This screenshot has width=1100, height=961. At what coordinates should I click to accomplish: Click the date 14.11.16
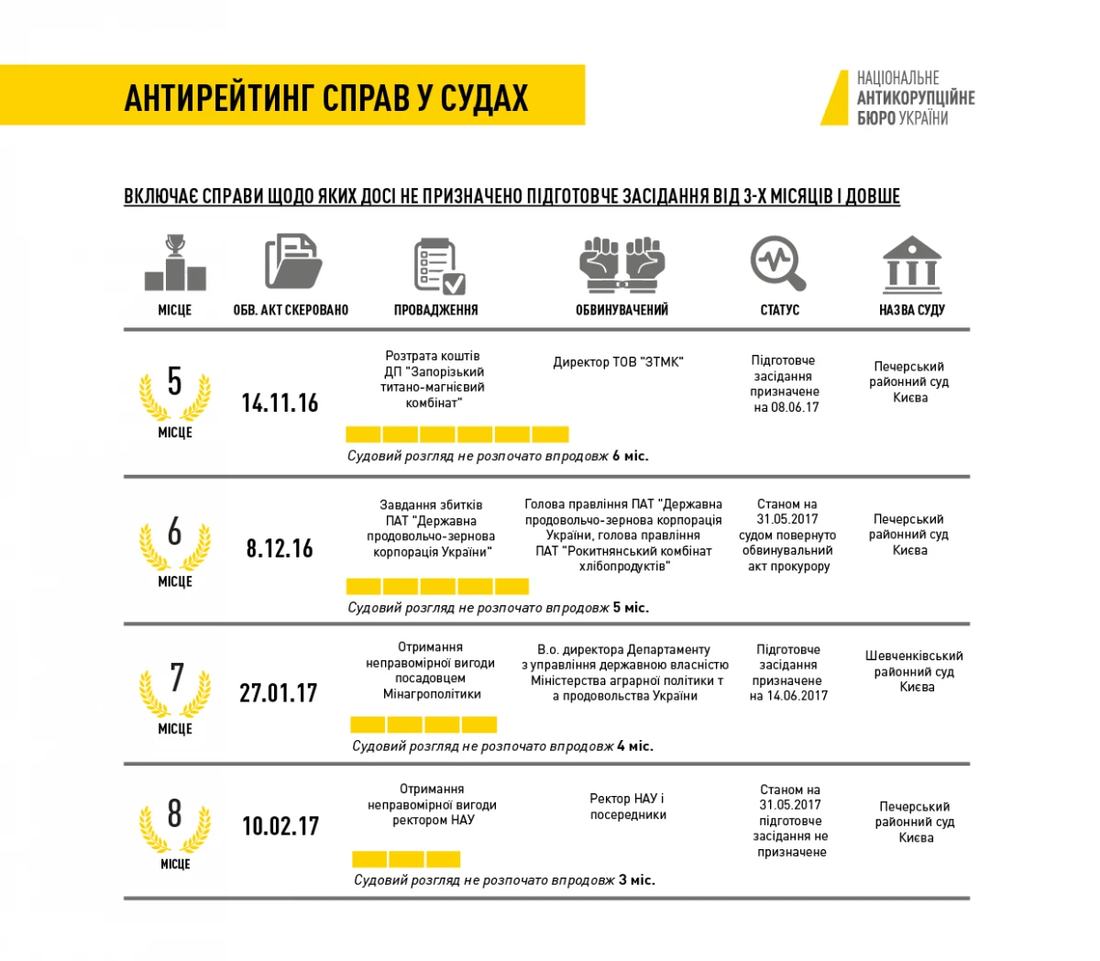(280, 403)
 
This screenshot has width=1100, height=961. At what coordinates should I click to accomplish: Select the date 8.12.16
(280, 548)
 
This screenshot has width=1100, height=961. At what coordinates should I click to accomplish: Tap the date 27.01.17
(279, 692)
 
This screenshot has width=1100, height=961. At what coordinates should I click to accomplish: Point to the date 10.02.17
(280, 825)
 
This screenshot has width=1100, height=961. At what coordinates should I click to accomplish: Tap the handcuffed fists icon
(621, 263)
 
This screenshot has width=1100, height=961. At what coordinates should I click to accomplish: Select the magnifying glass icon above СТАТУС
(778, 263)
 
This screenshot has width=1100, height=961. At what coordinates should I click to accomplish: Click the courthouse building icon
(911, 263)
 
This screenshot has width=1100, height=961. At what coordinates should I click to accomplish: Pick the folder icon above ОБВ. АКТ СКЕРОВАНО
(291, 262)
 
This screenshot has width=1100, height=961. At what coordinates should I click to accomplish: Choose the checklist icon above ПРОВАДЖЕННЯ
(438, 265)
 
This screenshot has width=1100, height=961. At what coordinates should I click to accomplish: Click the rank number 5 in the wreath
(174, 381)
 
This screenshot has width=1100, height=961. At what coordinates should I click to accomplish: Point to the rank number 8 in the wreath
(174, 813)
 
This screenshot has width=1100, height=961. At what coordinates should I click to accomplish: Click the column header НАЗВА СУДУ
(911, 310)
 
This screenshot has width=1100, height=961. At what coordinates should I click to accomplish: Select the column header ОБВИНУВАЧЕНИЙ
(621, 310)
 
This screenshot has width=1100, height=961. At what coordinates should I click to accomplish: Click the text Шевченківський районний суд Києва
(914, 671)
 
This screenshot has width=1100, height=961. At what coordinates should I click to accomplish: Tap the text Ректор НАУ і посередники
(628, 806)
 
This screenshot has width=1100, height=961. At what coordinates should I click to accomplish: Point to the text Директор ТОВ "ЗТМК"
(618, 362)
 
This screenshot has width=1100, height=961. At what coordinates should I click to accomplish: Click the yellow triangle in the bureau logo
(834, 98)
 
